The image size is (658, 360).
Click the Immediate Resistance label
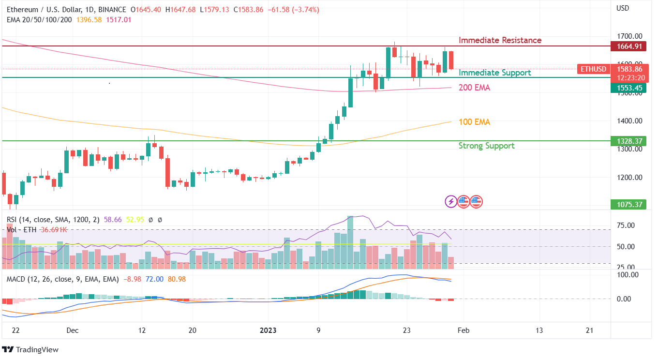[500, 40]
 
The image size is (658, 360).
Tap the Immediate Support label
[494, 73]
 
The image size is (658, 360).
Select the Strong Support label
[486, 146]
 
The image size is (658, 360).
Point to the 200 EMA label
[474, 88]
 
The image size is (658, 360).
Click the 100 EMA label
[474, 122]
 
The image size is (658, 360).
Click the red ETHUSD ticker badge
[593, 69]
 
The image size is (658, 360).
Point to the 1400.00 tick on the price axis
[628, 121]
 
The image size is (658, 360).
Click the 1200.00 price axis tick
[628, 177]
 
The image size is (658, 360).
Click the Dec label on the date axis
[73, 330]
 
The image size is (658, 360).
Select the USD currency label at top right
[622, 8]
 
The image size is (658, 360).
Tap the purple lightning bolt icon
[451, 201]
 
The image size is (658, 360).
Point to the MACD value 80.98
[177, 279]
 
